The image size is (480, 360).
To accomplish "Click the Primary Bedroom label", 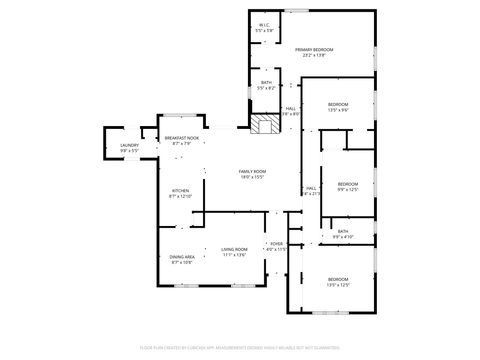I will [314, 49].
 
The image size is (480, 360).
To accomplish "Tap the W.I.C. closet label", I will [264, 25].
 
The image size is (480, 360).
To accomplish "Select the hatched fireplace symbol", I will [265, 125].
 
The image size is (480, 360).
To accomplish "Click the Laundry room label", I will [129, 145].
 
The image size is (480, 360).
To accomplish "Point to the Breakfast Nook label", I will [181, 137].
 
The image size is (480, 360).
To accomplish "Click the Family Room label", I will [252, 172].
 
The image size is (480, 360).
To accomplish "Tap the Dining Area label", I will [182, 256].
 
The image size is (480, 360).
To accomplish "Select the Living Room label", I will [234, 249].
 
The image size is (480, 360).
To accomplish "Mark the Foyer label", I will [276, 243].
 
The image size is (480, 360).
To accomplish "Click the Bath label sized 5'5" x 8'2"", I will [266, 83].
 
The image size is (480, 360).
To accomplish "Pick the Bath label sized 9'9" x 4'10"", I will [343, 231].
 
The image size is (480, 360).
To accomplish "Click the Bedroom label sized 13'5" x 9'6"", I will [338, 104].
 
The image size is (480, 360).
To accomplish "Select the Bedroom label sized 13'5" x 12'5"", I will [338, 279].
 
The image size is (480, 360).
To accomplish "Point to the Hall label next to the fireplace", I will [290, 108].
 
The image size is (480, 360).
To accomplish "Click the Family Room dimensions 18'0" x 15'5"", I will [252, 178].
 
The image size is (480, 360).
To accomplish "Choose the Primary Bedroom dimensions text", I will [314, 55].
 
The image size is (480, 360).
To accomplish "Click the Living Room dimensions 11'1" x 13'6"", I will [234, 255].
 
